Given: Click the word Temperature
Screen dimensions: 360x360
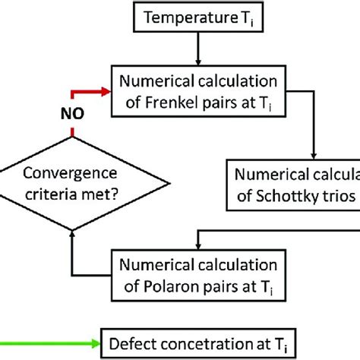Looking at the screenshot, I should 185,17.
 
